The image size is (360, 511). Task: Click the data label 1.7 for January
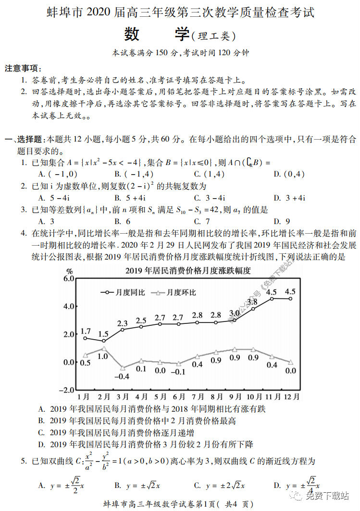point(86,331)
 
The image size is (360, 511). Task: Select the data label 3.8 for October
point(252,302)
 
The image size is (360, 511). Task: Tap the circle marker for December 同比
point(290,298)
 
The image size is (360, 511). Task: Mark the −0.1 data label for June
point(179,371)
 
